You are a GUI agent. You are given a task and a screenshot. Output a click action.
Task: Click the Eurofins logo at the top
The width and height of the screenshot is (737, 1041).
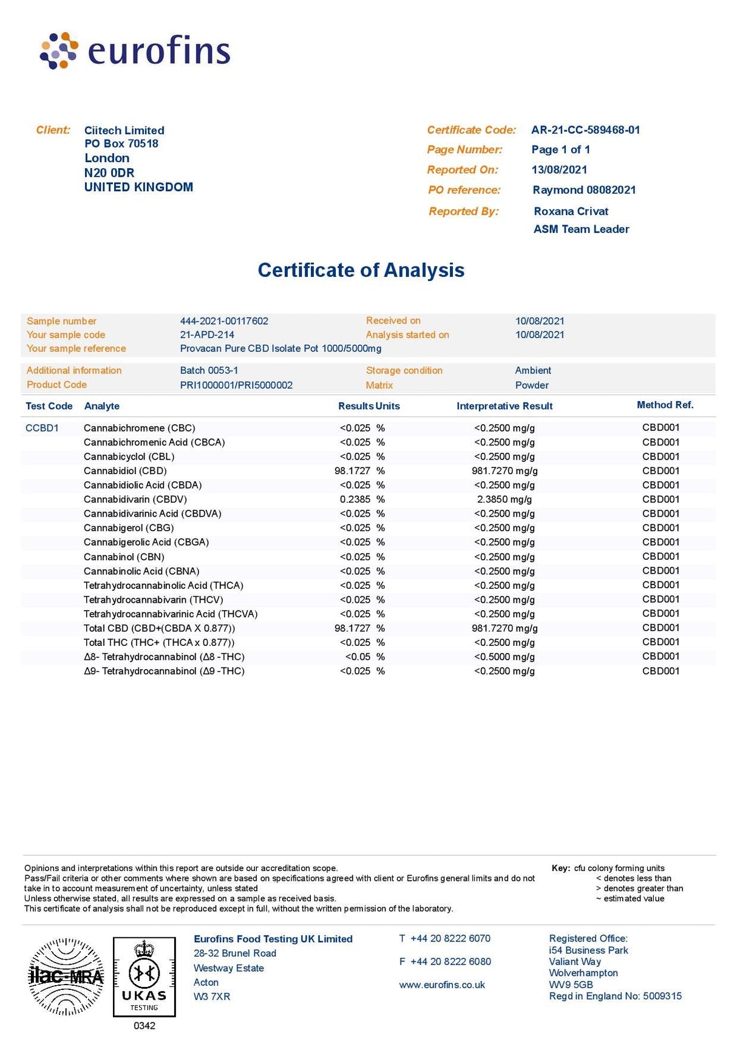coord(135,50)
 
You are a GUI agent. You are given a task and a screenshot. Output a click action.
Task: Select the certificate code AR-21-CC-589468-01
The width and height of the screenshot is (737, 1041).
coord(585,130)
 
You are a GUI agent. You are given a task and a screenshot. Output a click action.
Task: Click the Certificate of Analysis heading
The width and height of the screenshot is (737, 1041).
coord(361,270)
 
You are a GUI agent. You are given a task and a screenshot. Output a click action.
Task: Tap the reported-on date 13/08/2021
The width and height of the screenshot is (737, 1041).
coord(559,170)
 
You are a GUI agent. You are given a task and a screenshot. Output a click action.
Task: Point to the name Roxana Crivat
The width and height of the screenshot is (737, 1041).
coord(571,211)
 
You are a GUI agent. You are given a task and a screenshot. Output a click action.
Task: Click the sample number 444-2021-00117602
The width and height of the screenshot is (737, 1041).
coord(224,321)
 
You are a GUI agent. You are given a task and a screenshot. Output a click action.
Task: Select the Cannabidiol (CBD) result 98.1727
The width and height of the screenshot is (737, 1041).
coord(352,471)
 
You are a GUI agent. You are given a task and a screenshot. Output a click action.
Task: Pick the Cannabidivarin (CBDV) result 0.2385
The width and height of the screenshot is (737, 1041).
coord(355,500)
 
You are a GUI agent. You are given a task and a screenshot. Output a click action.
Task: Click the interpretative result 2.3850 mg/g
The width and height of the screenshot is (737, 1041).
coord(504,500)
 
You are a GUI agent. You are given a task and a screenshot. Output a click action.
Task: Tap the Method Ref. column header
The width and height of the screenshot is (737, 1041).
coord(665,405)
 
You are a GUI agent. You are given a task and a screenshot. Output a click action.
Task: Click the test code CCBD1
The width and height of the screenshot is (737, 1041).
coord(42,428)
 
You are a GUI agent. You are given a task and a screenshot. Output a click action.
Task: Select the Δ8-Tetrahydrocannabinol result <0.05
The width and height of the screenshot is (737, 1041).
coord(358,657)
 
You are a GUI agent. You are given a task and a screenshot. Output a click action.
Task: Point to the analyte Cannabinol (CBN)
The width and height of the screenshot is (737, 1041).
coord(124,557)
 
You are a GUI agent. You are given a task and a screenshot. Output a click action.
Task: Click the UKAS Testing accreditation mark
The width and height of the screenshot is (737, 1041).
coord(144,977)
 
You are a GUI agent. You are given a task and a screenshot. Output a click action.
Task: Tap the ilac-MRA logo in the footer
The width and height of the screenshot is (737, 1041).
coord(66,977)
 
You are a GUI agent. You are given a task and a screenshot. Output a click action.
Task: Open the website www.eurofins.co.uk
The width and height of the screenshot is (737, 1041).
coord(442,985)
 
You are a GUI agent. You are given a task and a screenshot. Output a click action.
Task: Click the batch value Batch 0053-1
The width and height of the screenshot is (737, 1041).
coord(209,370)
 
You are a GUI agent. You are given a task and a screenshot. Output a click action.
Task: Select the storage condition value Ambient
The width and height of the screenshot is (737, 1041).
coord(533,370)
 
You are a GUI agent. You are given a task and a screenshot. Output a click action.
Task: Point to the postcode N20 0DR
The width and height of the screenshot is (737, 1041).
coord(109,173)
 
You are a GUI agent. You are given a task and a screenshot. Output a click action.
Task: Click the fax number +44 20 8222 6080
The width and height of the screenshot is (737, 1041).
coord(450,961)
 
